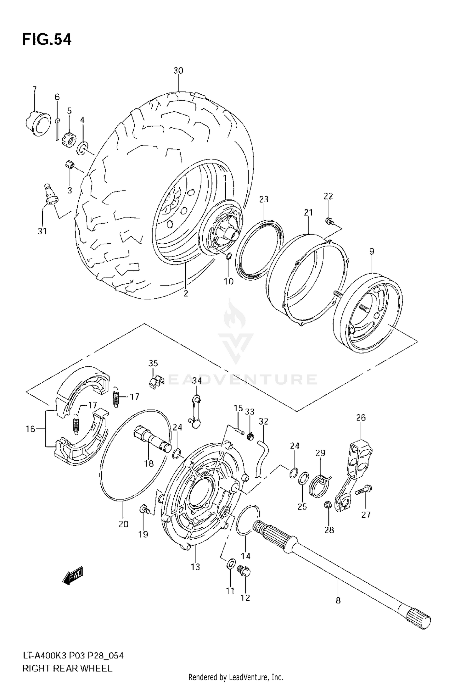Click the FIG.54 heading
pyautogui.click(x=47, y=40)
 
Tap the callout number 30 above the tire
pyautogui.click(x=178, y=70)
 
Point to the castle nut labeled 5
pyautogui.click(x=70, y=139)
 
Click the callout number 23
pyautogui.click(x=264, y=199)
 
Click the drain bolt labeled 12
pyautogui.click(x=245, y=572)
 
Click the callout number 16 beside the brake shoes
pyautogui.click(x=30, y=429)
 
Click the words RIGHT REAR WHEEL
pyautogui.click(x=67, y=668)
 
